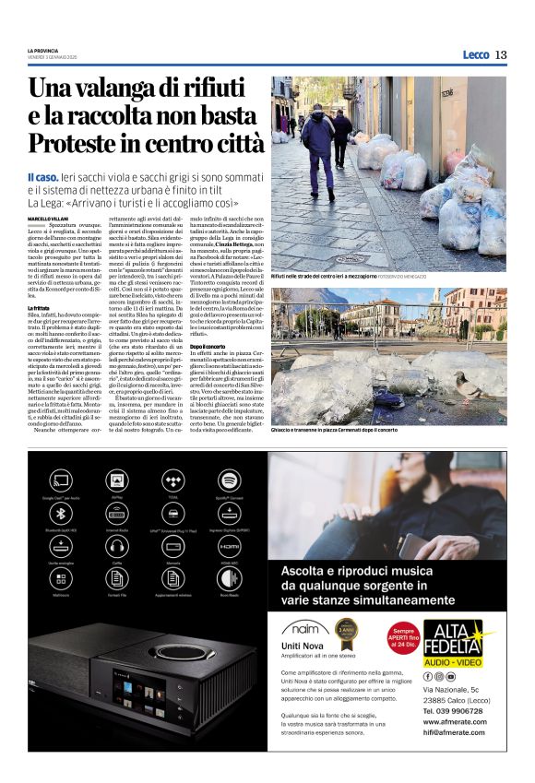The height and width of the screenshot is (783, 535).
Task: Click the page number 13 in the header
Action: coord(501,54)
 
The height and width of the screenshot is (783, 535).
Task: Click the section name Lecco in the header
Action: coord(475,54)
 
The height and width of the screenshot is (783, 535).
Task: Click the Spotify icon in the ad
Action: coord(230,480)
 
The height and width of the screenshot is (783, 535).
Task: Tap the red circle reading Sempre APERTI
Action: coord(398,637)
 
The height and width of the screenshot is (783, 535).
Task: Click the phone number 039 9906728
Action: coord(454,711)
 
